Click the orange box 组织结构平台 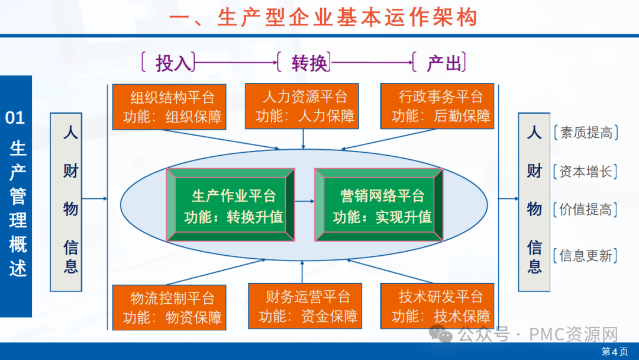coord(169,107)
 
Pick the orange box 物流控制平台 coord(169,307)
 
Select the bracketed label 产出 coord(442,62)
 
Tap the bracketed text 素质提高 coord(586,133)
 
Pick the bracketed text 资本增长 coord(586,172)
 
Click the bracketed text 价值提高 coord(586,209)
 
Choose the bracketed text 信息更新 coord(586,255)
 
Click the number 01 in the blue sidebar coord(15,118)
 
